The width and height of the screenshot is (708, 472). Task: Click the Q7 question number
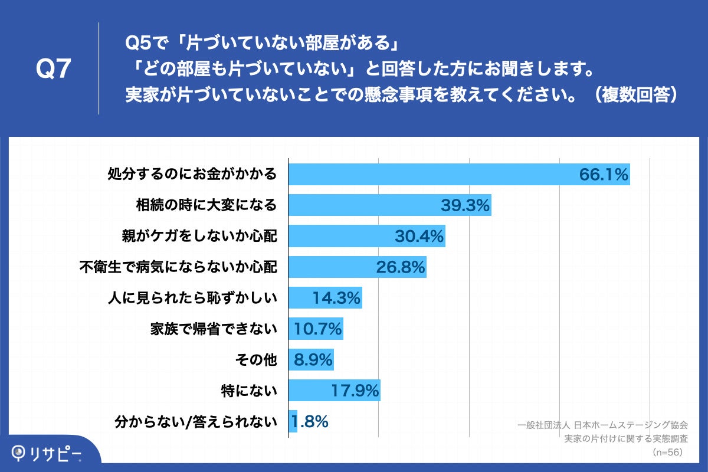click(x=54, y=70)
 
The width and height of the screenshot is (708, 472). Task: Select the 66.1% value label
click(x=603, y=175)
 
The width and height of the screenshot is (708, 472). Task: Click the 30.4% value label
click(x=419, y=237)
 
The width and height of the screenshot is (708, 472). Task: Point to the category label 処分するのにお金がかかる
click(x=192, y=175)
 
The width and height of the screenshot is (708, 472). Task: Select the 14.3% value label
click(x=336, y=298)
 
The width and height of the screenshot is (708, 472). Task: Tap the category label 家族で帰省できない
click(x=213, y=329)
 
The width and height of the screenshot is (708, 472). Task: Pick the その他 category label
click(x=255, y=360)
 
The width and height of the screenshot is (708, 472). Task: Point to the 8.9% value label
click(x=313, y=360)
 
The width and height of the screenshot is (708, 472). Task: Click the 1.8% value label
click(x=310, y=422)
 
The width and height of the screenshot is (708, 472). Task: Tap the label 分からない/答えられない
click(x=195, y=422)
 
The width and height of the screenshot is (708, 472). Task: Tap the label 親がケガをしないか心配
click(x=199, y=237)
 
